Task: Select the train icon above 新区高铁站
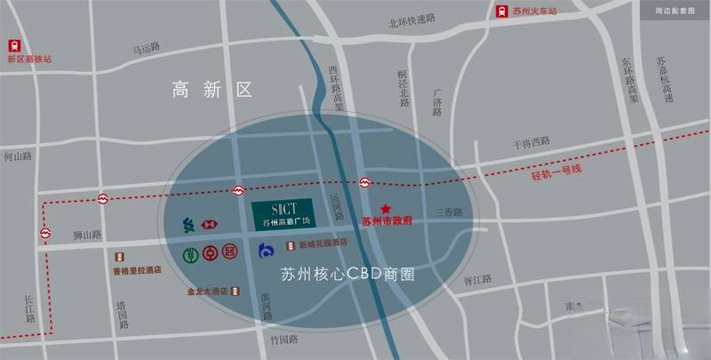pos(13,44)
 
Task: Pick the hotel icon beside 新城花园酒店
pos(291,243)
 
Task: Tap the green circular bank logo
pos(189,254)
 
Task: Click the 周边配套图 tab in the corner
pos(673,12)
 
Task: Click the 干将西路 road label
pos(531,141)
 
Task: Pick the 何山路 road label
pos(17,156)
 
